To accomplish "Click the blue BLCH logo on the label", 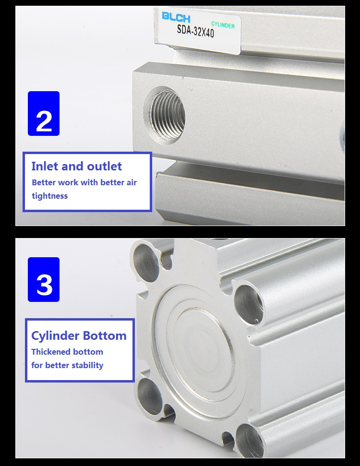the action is [x=176, y=17].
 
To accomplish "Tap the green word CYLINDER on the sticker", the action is [x=223, y=25].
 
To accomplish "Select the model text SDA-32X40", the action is [x=195, y=31].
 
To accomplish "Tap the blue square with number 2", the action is [x=44, y=114].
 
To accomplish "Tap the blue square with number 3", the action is [x=44, y=279].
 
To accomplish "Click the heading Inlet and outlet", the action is [x=77, y=166].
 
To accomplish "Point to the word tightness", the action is [x=50, y=196].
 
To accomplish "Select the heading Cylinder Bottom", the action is [x=79, y=335].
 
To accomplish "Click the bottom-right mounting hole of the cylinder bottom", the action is [x=249, y=442].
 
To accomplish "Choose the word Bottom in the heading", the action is [x=105, y=335].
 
